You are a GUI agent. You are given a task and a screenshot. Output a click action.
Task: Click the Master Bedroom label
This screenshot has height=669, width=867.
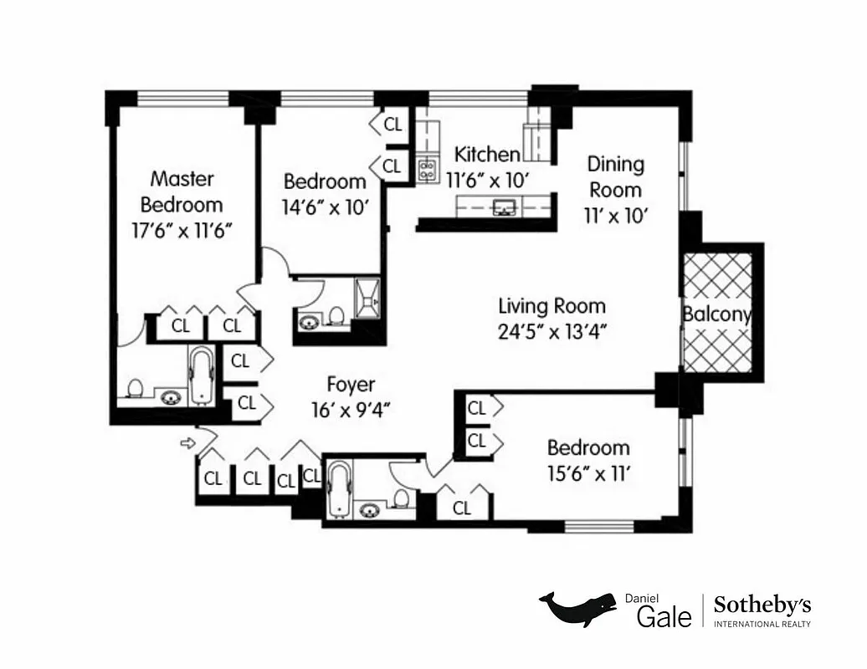(x=182, y=192)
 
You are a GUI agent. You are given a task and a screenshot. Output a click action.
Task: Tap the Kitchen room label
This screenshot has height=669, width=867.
(x=486, y=155)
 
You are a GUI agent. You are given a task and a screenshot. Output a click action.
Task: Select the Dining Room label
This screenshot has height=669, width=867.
(x=615, y=176)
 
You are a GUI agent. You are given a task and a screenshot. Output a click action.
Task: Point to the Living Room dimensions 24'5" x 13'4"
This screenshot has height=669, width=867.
(x=551, y=330)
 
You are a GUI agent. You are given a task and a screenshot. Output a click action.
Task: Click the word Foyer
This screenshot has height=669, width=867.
(x=351, y=385)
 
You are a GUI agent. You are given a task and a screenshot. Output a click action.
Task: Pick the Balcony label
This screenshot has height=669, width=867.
(x=716, y=315)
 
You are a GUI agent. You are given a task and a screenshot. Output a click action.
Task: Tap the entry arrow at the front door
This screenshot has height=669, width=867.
(x=188, y=442)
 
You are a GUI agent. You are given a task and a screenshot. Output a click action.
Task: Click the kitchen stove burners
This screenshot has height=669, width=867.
(x=427, y=171)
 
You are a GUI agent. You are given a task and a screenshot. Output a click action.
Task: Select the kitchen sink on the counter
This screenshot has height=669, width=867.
(x=504, y=207)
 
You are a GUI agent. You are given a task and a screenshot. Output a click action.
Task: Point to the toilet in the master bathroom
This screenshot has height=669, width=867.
(x=135, y=388)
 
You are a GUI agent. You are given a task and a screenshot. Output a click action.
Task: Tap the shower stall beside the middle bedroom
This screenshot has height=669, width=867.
(x=367, y=298)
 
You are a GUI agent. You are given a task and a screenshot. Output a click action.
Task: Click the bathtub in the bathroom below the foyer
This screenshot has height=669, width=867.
(x=338, y=488)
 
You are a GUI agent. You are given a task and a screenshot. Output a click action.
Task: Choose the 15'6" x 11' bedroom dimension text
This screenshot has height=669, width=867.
(x=588, y=474)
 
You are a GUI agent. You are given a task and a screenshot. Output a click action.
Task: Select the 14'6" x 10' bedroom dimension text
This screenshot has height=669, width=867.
(x=325, y=207)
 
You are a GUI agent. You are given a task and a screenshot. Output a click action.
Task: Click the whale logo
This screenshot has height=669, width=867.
(x=577, y=609)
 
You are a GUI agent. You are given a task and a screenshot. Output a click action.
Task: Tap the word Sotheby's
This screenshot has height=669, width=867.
(x=762, y=605)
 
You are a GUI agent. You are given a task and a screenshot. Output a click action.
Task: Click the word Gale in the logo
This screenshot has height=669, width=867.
(x=664, y=617)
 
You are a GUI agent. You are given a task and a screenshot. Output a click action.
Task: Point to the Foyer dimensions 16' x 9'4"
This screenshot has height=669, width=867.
(x=350, y=409)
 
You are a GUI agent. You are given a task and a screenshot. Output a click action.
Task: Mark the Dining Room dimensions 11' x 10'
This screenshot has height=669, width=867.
(x=616, y=215)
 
